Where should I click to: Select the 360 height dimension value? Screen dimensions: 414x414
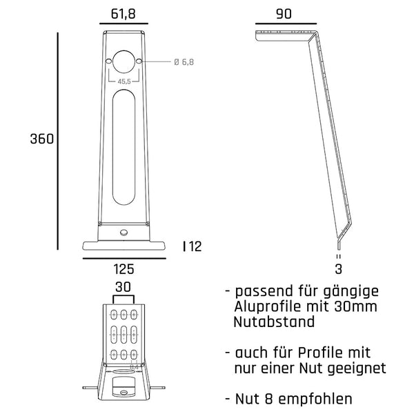click(42, 139)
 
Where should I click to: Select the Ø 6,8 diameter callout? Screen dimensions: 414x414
click(184, 62)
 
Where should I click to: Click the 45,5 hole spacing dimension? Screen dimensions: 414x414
click(125, 81)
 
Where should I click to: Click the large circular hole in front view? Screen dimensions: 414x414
click(125, 62)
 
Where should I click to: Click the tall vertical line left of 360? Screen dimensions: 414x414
click(58, 139)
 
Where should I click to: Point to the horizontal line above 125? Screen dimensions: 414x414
click(125, 258)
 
